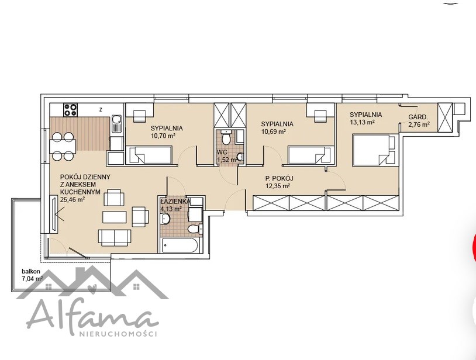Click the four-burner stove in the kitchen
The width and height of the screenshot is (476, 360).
[70, 110]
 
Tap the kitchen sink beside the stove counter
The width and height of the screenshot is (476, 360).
[116, 124]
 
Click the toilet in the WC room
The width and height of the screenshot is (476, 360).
[226, 137]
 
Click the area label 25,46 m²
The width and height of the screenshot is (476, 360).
[73, 199]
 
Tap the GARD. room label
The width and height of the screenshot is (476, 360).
[418, 117]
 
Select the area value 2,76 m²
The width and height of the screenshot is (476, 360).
[419, 124]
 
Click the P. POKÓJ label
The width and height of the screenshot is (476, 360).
[280, 179]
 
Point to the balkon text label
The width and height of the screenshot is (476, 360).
[30, 272]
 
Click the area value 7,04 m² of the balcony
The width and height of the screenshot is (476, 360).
[33, 279]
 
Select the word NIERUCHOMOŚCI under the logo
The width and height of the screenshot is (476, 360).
[118, 334]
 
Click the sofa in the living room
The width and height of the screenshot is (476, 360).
[115, 237]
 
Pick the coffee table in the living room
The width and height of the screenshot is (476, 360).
[115, 217]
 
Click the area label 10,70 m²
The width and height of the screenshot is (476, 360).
[163, 136]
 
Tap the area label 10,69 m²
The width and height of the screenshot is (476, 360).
[274, 131]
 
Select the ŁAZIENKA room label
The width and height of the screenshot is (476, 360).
[175, 201]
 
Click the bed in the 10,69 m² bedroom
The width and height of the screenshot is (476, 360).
[310, 155]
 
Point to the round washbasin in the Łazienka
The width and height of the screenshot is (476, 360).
[165, 219]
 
